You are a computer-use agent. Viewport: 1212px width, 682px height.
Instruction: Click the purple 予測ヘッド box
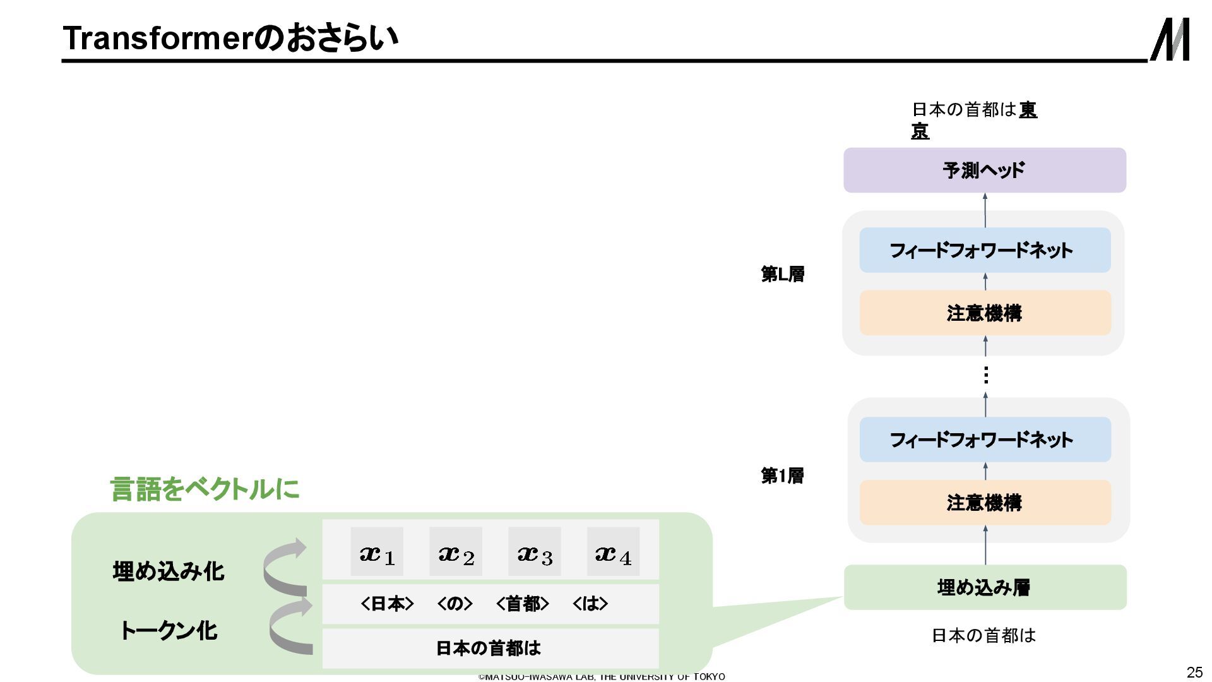[984, 170]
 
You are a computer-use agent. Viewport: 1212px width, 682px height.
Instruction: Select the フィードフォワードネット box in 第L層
[984, 250]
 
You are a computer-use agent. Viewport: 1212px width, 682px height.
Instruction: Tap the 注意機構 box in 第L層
[984, 313]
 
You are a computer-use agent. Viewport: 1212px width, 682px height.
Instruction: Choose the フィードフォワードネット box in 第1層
[984, 440]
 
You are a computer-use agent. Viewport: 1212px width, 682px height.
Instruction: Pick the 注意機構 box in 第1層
[984, 503]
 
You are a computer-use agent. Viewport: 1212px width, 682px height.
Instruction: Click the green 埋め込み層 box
[984, 587]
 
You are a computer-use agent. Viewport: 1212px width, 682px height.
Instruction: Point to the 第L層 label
[782, 274]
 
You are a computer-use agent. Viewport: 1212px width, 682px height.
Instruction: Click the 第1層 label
[782, 476]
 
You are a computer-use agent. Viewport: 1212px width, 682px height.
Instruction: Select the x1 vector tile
[377, 552]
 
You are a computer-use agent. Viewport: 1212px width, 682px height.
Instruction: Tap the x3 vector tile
[534, 552]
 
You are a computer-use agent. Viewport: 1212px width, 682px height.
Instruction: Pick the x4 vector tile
[613, 552]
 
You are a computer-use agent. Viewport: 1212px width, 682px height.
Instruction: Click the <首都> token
[522, 604]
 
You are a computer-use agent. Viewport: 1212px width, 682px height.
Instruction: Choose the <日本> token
[387, 604]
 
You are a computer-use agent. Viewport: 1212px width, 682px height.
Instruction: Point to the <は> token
[590, 604]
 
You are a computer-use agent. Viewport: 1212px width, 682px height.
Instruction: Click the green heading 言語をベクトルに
[205, 489]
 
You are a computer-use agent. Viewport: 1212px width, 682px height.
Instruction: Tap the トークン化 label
[169, 630]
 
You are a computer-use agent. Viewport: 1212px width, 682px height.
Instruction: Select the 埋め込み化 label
[169, 571]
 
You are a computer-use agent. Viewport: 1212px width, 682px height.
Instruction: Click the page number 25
[1194, 672]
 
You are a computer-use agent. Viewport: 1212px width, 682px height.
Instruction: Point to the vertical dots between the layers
[985, 375]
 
